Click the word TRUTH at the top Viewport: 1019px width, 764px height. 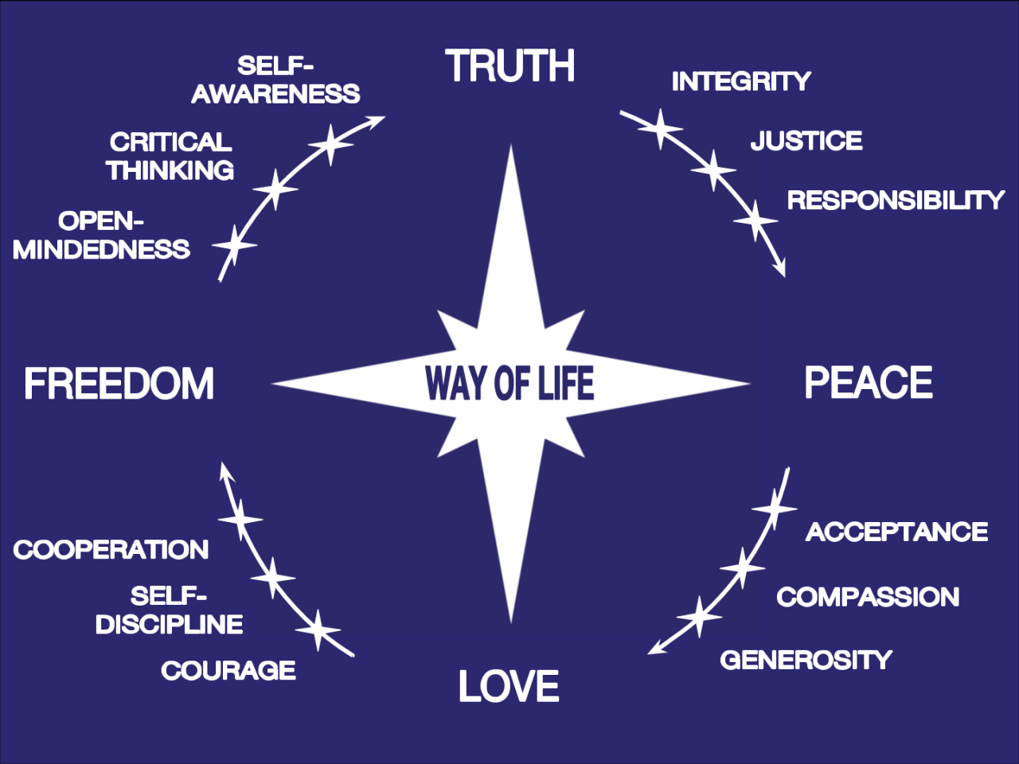[510, 66]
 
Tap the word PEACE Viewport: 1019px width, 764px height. [869, 383]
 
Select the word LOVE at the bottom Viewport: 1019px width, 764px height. [509, 686]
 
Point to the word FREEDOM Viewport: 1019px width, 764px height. [119, 384]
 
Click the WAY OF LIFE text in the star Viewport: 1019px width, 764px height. [509, 383]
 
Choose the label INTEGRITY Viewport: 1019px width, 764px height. [741, 81]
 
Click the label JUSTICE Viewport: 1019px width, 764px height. [806, 141]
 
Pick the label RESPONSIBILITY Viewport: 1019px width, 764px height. [896, 200]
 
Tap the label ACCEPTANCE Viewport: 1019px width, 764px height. [897, 532]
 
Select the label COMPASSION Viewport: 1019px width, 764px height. [868, 597]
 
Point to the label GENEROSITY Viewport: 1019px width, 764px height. [806, 660]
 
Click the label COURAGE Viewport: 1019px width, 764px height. [228, 671]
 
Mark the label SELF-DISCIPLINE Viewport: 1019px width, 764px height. [169, 610]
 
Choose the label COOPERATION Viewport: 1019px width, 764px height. [111, 549]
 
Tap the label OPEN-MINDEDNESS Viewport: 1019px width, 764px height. [101, 236]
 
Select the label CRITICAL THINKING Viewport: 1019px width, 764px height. [170, 156]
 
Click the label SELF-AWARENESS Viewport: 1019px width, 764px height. [275, 80]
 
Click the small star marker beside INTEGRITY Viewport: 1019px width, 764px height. [660, 127]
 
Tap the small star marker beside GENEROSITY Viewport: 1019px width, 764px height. [700, 617]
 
